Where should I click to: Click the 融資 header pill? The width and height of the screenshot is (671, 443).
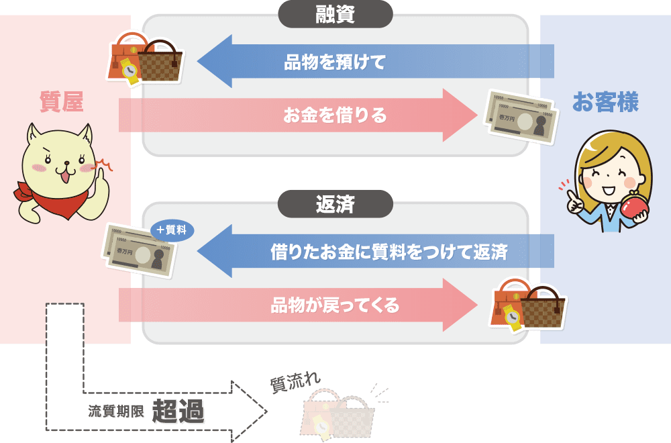point(335,14)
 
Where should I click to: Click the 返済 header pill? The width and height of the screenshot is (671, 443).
point(335,204)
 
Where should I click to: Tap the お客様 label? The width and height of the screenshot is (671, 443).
point(605,102)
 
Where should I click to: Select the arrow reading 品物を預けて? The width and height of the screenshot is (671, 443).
point(335,62)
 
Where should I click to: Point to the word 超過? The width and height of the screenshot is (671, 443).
point(178,411)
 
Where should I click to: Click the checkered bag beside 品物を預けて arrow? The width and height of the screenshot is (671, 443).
point(160,64)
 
